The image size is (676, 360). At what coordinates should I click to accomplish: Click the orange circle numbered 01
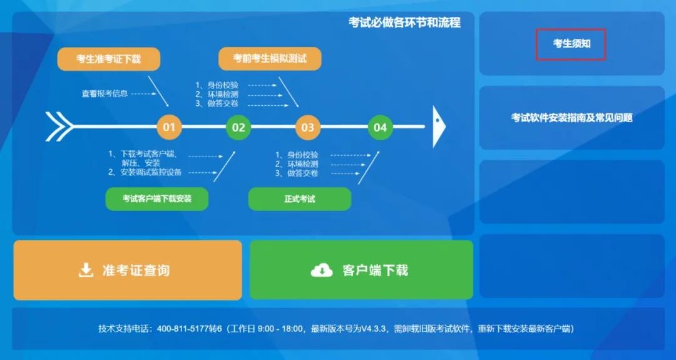169,127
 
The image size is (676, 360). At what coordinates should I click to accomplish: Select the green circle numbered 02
238,127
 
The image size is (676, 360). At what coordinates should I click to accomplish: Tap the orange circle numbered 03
307,127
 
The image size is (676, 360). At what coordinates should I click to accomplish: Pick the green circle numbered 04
380,127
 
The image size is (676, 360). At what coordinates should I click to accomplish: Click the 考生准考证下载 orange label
109,59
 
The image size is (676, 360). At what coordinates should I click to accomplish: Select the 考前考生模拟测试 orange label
270,59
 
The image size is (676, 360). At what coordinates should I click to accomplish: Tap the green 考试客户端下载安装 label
156,199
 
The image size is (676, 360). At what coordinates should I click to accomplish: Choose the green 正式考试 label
299,199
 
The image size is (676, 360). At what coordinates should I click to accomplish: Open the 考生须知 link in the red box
571,44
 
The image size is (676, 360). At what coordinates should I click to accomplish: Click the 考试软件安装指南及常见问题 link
571,117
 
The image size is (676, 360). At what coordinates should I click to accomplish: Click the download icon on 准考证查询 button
86,270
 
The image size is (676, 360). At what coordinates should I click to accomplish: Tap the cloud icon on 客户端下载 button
322,270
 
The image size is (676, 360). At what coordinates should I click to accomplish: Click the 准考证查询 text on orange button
136,270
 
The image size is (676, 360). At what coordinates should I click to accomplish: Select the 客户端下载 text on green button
375,270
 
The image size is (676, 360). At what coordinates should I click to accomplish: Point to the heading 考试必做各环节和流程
404,23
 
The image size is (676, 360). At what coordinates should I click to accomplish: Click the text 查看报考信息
105,93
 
